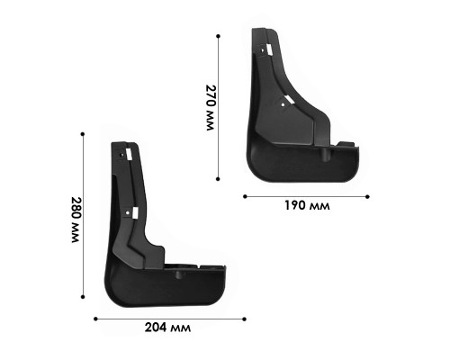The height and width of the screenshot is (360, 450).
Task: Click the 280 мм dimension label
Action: coord(76,220)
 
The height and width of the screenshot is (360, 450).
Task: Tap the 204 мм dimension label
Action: coord(167,328)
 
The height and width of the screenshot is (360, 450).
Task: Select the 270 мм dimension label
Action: coord(211,107)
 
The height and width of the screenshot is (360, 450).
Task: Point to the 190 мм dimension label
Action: coord(307,206)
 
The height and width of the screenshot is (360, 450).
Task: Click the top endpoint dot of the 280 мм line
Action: coord(83,134)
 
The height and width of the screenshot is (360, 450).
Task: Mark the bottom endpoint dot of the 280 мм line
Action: coord(83,297)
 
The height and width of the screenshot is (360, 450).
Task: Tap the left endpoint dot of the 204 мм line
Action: coord(95,319)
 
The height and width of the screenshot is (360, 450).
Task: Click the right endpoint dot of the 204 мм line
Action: coord(245,319)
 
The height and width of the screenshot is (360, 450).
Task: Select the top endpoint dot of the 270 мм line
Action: coord(218,36)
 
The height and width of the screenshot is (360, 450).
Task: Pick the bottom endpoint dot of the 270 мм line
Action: coord(218,179)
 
